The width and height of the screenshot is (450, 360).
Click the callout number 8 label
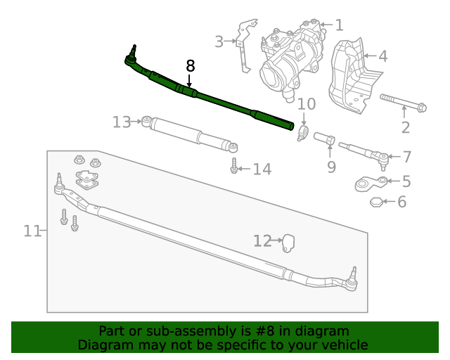coord(190,66)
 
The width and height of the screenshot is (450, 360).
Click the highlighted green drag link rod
coord(211,98)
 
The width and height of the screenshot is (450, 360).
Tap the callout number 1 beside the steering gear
coord(339,26)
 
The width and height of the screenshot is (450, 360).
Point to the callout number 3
coord(219,41)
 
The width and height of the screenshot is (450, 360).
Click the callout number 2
coord(405,127)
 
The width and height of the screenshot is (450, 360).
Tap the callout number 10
coord(306,105)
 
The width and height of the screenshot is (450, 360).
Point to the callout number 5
coord(406,181)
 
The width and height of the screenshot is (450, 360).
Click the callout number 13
coord(122,122)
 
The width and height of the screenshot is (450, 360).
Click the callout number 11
coord(32,231)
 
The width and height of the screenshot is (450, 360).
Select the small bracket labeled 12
coord(288,243)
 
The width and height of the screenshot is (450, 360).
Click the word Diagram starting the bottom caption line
coord(103,345)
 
